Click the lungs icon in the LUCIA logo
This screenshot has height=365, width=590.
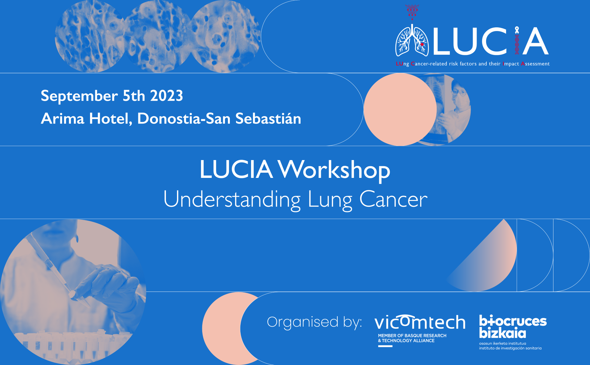click(x=412, y=41)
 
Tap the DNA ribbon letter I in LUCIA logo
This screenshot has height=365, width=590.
click(x=517, y=41)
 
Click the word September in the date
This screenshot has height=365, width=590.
click(x=79, y=96)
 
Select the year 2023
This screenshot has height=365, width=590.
click(x=167, y=96)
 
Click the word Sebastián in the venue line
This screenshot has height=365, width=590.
click(x=268, y=119)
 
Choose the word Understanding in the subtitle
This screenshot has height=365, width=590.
click(x=232, y=200)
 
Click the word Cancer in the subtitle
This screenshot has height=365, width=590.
click(x=393, y=199)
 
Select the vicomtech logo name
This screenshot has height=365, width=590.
click(x=420, y=322)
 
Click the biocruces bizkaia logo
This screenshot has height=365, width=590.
click(x=513, y=332)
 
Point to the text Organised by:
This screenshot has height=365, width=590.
click(x=314, y=322)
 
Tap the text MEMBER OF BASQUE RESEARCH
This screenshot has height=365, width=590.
click(x=412, y=336)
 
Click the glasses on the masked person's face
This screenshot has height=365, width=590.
click(x=458, y=92)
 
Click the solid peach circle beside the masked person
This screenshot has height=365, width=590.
click(x=400, y=109)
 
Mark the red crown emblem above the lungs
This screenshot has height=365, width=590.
click(x=412, y=11)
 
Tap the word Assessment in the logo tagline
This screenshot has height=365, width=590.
click(x=535, y=64)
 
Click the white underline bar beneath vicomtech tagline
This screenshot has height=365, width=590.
click(x=385, y=346)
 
